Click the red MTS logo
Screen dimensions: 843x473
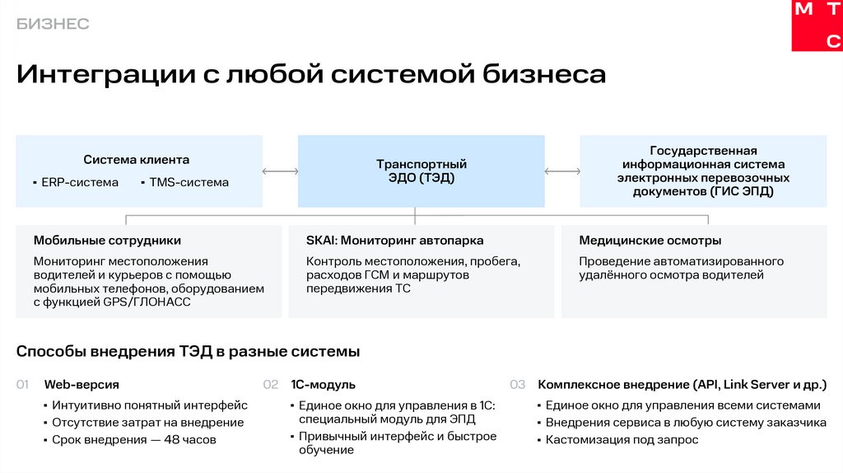(817, 26)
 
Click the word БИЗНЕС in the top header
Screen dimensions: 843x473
(53, 24)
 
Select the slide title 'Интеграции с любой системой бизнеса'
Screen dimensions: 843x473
(311, 75)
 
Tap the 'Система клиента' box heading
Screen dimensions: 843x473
(136, 159)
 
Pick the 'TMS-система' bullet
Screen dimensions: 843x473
(189, 182)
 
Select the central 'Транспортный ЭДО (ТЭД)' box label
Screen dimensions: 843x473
(421, 171)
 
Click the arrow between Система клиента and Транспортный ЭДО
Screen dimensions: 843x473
(280, 171)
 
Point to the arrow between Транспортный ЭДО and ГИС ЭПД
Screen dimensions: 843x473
(562, 171)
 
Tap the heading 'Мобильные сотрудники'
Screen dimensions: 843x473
(107, 241)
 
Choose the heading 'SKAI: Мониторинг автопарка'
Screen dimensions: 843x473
(394, 241)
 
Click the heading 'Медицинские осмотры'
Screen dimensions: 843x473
(650, 241)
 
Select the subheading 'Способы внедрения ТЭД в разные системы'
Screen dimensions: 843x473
(188, 352)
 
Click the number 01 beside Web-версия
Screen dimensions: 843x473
(23, 385)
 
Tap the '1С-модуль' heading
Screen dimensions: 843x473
(323, 385)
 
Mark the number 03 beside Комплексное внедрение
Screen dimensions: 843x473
(517, 385)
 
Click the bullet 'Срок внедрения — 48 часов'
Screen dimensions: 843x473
(133, 440)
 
